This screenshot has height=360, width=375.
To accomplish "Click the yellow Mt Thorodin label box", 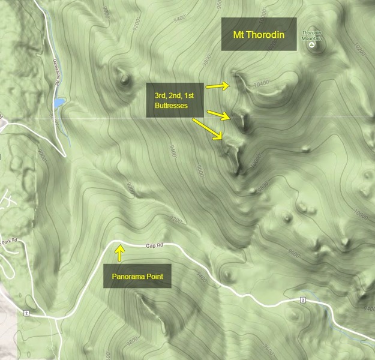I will pos(259,35).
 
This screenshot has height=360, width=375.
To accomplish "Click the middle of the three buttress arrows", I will pos(218,114).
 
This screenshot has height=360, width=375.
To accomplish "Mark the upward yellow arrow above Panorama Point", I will pos(119,254).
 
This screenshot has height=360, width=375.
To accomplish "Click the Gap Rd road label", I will pos(154,245).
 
